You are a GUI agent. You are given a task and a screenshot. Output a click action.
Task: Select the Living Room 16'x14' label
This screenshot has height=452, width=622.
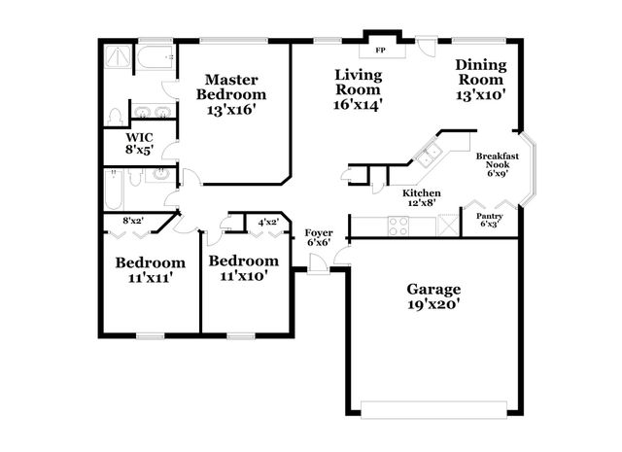pos(357,88)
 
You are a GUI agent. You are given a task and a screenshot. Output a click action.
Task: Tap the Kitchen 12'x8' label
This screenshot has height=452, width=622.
pos(421,197)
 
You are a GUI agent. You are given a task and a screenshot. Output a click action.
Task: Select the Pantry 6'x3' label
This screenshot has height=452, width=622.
pos(491,220)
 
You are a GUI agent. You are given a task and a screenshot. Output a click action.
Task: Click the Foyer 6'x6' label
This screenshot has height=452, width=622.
pos(319,238)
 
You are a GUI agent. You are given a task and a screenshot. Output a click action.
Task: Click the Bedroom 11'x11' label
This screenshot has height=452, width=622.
pos(150,269)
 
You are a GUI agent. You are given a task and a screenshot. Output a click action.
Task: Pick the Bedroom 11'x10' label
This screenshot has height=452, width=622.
pos(243,268)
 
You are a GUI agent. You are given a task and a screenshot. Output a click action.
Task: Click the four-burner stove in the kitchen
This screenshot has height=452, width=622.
pos(398,226)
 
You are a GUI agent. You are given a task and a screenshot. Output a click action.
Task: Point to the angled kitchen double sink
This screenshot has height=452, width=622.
pos(428,153)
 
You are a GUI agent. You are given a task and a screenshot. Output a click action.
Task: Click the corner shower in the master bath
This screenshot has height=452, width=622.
pos(117,56)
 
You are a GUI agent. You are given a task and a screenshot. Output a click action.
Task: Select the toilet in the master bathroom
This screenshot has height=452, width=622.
pos(117,117)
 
